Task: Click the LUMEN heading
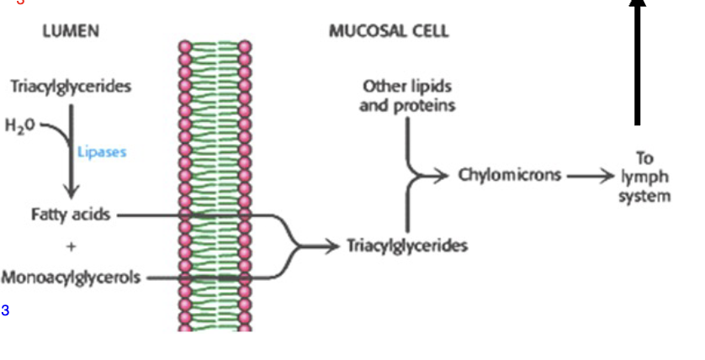pyautogui.click(x=71, y=32)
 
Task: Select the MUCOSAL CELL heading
pyautogui.click(x=389, y=32)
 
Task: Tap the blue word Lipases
pyautogui.click(x=102, y=152)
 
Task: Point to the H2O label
pyautogui.click(x=20, y=126)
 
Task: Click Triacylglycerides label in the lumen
pyautogui.click(x=71, y=87)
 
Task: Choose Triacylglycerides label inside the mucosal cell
pyautogui.click(x=407, y=246)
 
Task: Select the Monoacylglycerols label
pyautogui.click(x=71, y=277)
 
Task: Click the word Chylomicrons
pyautogui.click(x=510, y=176)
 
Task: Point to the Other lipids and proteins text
pyautogui.click(x=407, y=96)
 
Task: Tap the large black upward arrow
pyautogui.click(x=638, y=59)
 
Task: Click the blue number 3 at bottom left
pyautogui.click(x=5, y=310)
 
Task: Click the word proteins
pyautogui.click(x=407, y=106)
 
